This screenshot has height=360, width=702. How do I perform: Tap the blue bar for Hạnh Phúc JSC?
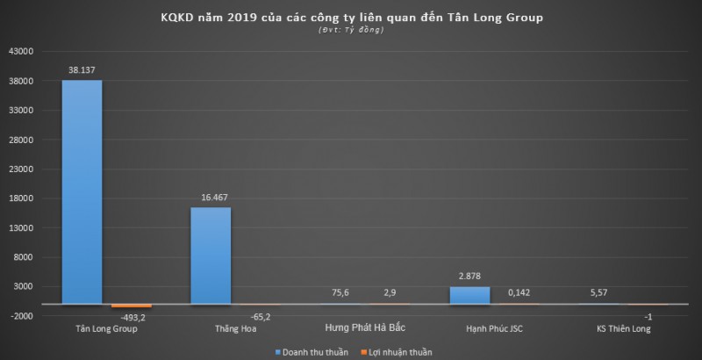pos(469,295)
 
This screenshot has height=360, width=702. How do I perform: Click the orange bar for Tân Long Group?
pos(132,306)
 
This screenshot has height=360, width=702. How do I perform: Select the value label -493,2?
pos(132,317)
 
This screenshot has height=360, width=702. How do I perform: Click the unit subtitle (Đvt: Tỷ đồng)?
pos(351,31)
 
